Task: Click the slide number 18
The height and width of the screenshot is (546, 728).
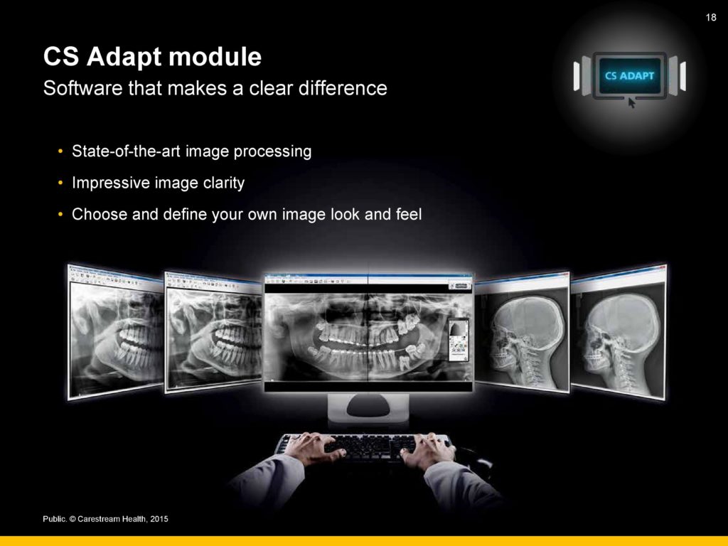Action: coord(711,18)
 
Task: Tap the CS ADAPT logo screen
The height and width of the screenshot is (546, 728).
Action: coord(630,75)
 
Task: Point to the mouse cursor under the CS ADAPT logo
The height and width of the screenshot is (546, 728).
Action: coord(631,103)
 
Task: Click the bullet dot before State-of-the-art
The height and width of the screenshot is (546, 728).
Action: coord(60,151)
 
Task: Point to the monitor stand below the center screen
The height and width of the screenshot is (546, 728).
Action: coord(368,407)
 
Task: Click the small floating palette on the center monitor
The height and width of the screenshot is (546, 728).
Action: coord(459,341)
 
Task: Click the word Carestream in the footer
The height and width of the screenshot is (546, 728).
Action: coord(98,519)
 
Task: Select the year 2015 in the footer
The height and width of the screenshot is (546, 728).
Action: coord(159,519)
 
